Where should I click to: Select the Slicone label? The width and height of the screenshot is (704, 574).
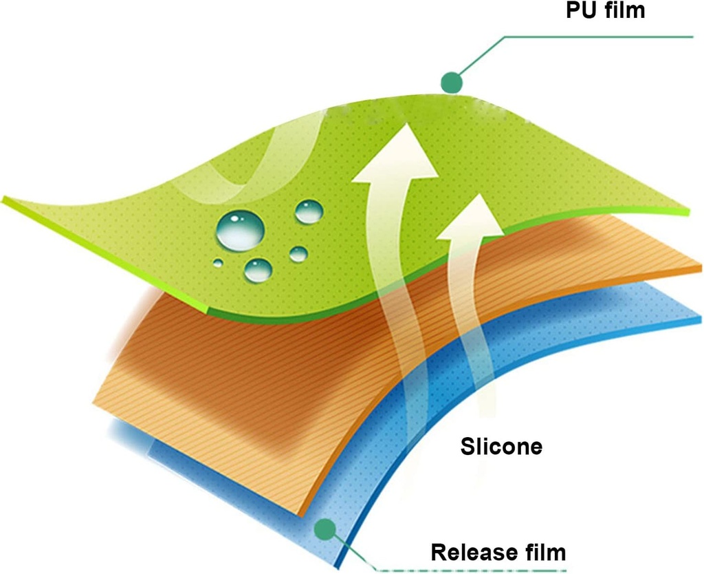pyautogui.click(x=501, y=446)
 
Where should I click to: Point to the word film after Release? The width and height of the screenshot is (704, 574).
pyautogui.click(x=544, y=552)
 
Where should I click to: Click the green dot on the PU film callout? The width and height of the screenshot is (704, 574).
pyautogui.click(x=450, y=83)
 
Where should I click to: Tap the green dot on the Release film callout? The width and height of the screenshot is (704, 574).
pyautogui.click(x=324, y=529)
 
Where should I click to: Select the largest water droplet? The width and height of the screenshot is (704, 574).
pyautogui.click(x=239, y=230)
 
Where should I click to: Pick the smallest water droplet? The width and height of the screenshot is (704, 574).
pyautogui.click(x=217, y=262)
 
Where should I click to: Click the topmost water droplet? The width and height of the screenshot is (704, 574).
pyautogui.click(x=309, y=211)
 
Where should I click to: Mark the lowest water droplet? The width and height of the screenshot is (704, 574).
pyautogui.click(x=258, y=269)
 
